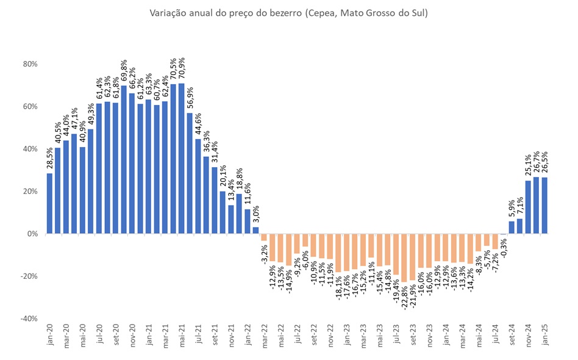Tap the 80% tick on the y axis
click(30, 64)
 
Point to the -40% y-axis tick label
click(28, 319)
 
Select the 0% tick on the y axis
click(32, 234)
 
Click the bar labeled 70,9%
click(182, 159)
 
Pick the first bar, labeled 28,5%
click(49, 203)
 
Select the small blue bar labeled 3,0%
click(255, 231)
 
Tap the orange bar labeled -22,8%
click(404, 257)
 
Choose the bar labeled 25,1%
click(528, 207)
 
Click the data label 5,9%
click(512, 207)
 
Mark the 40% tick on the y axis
click(30, 149)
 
